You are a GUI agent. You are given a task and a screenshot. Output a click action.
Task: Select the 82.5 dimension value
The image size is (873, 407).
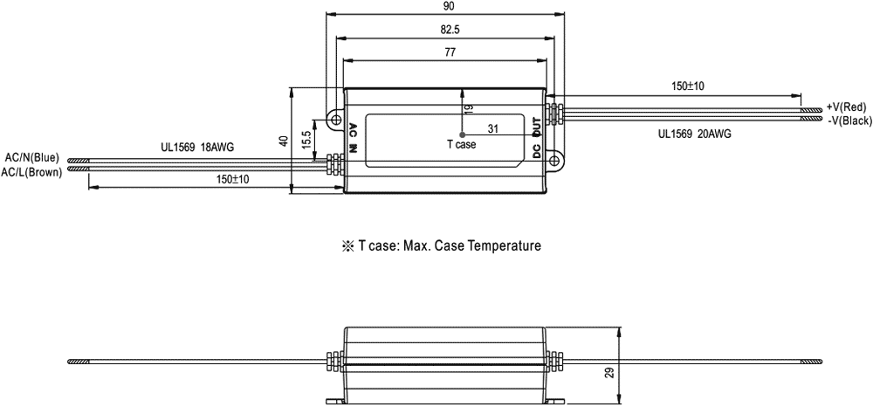pyautogui.click(x=448, y=29)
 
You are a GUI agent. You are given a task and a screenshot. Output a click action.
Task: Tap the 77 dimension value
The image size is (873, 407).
pyautogui.click(x=450, y=52)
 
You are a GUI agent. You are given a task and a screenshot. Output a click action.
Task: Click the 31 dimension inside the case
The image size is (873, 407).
pyautogui.click(x=493, y=129)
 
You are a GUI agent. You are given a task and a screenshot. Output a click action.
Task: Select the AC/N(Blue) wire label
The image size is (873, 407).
pyautogui.click(x=32, y=157)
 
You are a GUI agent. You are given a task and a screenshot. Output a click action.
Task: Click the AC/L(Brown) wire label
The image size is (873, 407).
pyautogui.click(x=31, y=172)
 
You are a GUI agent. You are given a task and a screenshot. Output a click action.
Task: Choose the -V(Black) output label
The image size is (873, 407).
pyautogui.click(x=845, y=120)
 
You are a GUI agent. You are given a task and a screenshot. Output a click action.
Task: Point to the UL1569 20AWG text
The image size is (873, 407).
pyautogui.click(x=695, y=135)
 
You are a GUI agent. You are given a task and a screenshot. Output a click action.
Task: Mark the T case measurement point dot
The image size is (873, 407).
pyautogui.click(x=462, y=135)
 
